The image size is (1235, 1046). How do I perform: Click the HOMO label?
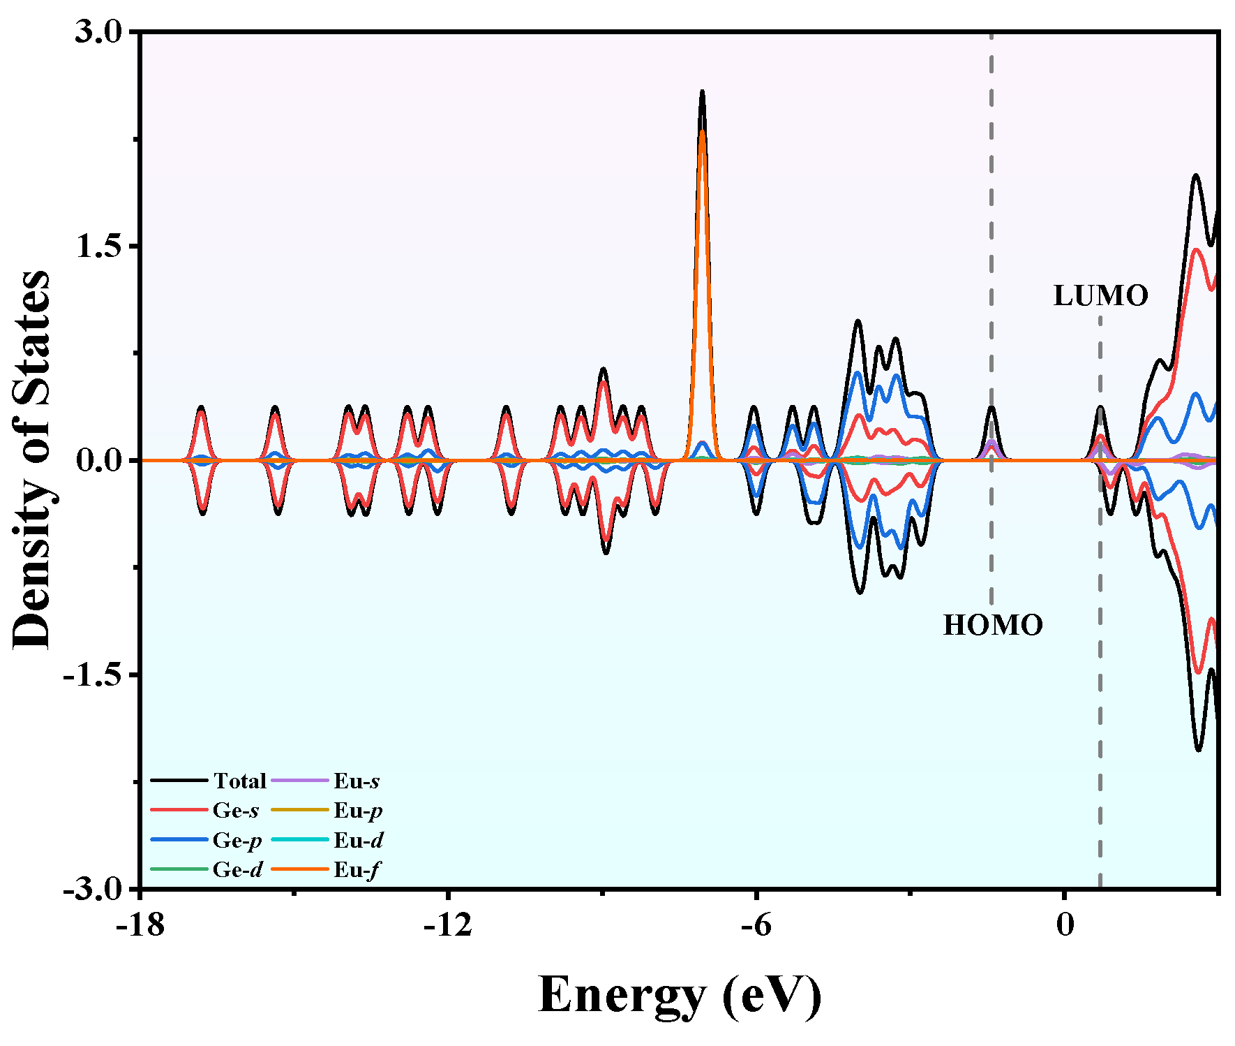point(992,625)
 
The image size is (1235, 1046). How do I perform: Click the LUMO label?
point(1100,295)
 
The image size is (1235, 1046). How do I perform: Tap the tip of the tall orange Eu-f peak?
point(702,131)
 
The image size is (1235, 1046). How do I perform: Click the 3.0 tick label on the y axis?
point(98,32)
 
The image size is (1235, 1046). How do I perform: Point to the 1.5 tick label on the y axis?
point(98,246)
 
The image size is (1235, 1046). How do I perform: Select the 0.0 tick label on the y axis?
point(98,461)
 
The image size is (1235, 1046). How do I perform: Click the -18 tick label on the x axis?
point(140,925)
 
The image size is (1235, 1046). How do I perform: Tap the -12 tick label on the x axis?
point(448,925)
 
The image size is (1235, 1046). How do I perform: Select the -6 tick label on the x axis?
point(756,925)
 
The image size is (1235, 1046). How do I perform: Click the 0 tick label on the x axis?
point(1064,925)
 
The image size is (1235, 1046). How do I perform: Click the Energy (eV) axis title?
point(680,994)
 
